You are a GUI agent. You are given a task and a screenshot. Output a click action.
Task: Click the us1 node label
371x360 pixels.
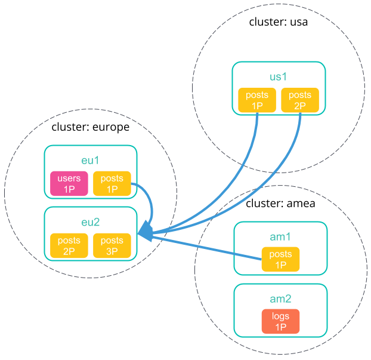coord(279,76)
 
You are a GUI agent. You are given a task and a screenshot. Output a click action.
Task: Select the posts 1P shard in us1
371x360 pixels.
coord(257,100)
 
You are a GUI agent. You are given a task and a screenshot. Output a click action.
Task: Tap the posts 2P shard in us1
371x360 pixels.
coord(299,100)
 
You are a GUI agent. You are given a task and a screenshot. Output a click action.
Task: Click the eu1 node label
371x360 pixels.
coord(91,161)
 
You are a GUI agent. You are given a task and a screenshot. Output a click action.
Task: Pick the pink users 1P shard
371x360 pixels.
coord(69,184)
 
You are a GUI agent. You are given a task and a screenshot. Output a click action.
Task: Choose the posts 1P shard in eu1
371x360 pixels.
coord(112,184)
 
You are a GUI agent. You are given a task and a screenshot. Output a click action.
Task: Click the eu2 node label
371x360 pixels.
coord(91,222)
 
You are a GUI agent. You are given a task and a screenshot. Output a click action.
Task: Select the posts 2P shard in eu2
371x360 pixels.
coord(69,246)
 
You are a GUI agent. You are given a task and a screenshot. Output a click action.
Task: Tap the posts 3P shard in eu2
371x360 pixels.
coord(112,246)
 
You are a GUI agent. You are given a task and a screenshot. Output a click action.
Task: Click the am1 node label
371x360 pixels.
coord(280,237)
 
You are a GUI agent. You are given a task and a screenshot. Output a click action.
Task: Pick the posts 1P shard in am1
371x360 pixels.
coord(280,259)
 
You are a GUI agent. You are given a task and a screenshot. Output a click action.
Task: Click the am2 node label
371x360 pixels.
coord(280,299)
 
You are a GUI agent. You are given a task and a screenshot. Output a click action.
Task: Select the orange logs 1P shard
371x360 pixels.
coord(280,321)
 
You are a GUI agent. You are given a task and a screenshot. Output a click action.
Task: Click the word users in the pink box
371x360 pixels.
coord(69,179)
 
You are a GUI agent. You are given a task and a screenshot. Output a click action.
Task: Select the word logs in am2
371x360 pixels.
coord(280,316)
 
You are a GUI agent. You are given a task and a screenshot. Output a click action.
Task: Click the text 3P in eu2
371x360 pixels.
coord(112,251)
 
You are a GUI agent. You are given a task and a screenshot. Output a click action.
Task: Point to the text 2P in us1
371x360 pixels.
coord(299,106)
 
